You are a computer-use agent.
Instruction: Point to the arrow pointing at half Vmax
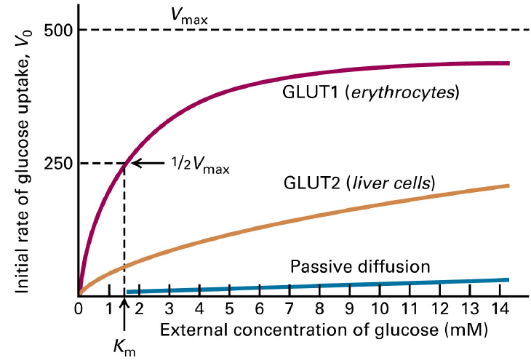point(148,164)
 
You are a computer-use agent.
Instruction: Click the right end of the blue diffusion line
point(507,280)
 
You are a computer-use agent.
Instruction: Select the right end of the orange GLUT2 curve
point(507,186)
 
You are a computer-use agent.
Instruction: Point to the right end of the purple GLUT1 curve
point(507,63)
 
